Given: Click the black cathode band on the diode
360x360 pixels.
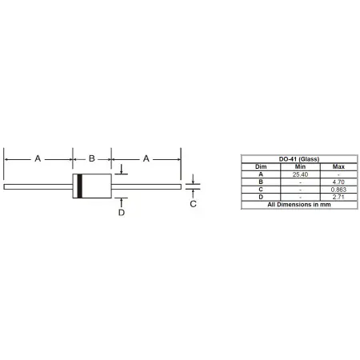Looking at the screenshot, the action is click(79, 186).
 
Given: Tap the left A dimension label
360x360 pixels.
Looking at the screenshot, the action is click(38, 158).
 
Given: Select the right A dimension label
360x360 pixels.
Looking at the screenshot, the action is click(146, 158).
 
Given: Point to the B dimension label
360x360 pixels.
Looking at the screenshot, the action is click(92, 158).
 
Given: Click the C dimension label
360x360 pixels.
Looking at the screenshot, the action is click(194, 204).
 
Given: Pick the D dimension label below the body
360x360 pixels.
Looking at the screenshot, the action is click(122, 213).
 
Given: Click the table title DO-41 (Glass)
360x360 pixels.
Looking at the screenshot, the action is click(299, 159).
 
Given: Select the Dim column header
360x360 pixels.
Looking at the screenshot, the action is click(261, 167).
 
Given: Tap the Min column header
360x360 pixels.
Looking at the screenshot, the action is click(300, 167).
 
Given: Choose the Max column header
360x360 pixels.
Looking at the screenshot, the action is click(338, 167).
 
